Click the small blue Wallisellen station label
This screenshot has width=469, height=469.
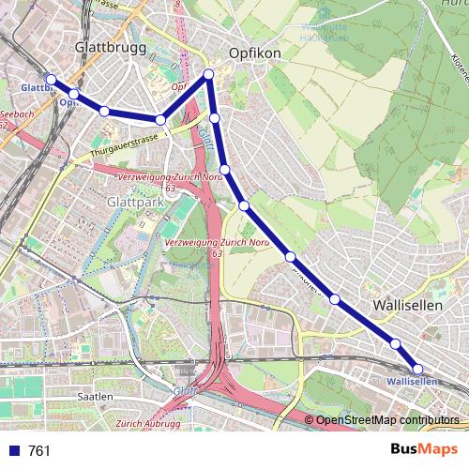coord(412,383)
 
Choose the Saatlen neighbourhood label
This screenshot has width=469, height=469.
coord(95,397)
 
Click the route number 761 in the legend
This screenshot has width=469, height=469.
coord(39,451)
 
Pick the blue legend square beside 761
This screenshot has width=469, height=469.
coord(14,451)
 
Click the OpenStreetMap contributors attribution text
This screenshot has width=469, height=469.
coord(387,420)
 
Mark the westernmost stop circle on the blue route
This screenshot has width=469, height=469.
coord(52,80)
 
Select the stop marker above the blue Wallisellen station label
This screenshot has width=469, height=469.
coord(417,369)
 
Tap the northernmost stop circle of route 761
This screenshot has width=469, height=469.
coord(208,74)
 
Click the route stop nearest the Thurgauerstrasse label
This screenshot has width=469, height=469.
coord(161,120)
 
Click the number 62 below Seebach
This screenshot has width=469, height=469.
coord(5,125)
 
